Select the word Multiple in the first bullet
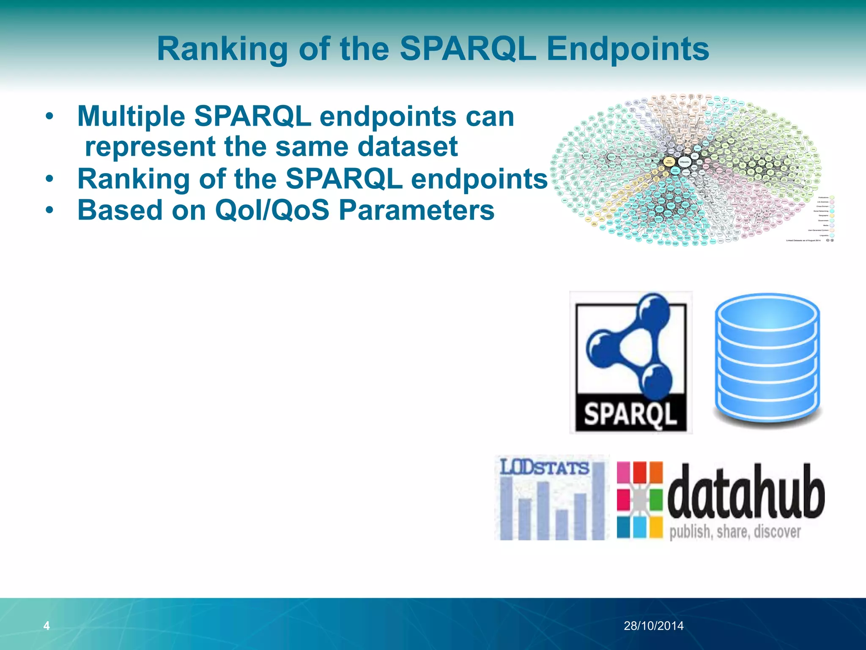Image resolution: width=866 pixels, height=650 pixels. coord(131,116)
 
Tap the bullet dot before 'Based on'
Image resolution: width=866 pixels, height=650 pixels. coord(50,210)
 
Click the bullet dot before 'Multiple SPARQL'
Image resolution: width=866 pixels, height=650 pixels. coord(50,116)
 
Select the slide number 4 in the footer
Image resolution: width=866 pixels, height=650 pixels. coord(47,625)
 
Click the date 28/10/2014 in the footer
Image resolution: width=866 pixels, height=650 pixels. coord(654,625)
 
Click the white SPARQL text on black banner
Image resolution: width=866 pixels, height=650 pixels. coord(630,413)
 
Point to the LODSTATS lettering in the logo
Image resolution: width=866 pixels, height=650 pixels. coord(544,468)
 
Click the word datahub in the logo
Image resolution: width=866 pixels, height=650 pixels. coord(745,493)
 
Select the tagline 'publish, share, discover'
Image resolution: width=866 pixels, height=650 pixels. coord(735,532)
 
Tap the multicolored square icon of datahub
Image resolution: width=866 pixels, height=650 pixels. coord(639,500)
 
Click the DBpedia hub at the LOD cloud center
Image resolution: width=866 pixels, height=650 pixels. coord(684,162)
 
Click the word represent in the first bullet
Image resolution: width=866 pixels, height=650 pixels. coord(150,146)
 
